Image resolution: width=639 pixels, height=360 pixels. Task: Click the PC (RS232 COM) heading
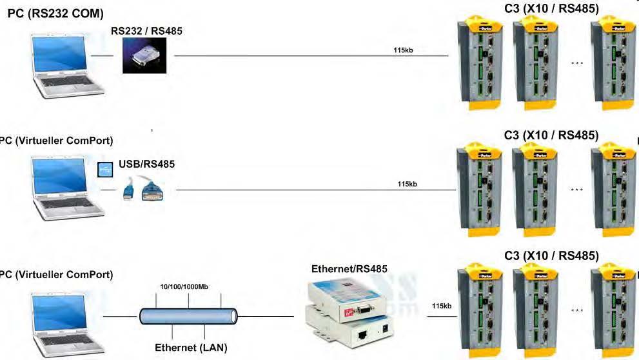(55, 14)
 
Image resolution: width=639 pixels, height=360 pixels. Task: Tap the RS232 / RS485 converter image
(144, 56)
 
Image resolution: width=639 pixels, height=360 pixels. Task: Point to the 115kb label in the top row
(403, 50)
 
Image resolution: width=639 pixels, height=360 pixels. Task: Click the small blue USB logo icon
(104, 170)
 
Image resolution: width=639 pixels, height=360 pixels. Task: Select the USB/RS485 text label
(146, 165)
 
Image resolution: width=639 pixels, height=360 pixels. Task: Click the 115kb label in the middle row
(408, 184)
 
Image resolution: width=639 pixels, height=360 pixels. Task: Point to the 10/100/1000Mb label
(186, 287)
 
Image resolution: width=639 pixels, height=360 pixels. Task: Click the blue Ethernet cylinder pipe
(188, 316)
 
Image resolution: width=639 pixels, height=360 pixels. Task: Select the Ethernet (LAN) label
(191, 348)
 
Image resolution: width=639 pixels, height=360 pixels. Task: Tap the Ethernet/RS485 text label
(349, 268)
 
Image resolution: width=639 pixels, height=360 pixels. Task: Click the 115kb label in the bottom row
(441, 306)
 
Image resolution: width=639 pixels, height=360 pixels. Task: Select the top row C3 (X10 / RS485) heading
(551, 8)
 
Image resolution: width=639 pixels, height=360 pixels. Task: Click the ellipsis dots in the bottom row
(577, 311)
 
